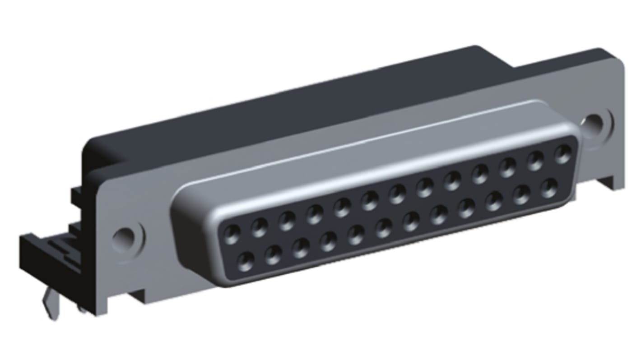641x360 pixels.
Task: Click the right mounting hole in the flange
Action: tap(595, 121)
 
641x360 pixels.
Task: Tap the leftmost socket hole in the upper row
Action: tap(232, 235)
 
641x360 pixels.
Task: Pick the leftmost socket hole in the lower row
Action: tap(246, 261)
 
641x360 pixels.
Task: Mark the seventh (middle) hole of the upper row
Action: tap(397, 194)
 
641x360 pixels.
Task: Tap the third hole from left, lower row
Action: tap(301, 248)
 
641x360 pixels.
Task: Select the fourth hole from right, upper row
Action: tap(480, 174)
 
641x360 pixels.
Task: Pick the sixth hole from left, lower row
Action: tap(384, 227)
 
